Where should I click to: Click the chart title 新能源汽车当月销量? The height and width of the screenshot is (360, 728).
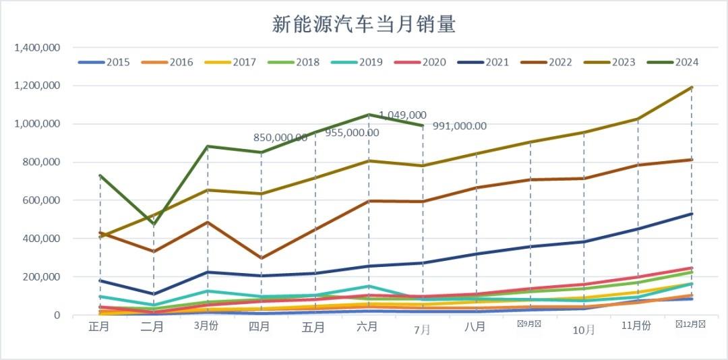coord(364,25)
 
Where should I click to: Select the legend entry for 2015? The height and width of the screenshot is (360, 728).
coord(104,62)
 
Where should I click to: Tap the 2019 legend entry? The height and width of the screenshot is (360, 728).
coord(357,62)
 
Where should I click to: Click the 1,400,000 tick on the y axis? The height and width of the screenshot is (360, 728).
coord(38,48)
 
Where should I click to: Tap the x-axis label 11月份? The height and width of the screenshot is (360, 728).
coord(636,326)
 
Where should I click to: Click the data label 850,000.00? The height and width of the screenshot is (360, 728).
coord(280,138)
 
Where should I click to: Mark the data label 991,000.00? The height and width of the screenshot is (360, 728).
coord(460,126)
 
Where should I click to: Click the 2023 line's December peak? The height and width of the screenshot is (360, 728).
coord(691,88)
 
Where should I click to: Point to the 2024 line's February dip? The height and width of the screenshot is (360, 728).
coord(154,224)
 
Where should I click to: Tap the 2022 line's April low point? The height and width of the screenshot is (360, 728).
coord(261,258)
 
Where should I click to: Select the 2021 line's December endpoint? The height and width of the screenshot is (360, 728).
coord(691,214)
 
